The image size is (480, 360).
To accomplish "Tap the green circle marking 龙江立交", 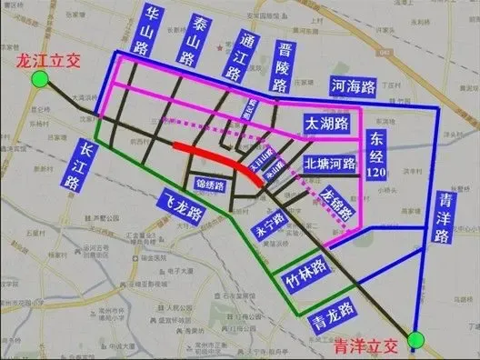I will click(39, 81).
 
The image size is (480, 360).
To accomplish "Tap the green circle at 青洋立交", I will click(415, 341).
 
